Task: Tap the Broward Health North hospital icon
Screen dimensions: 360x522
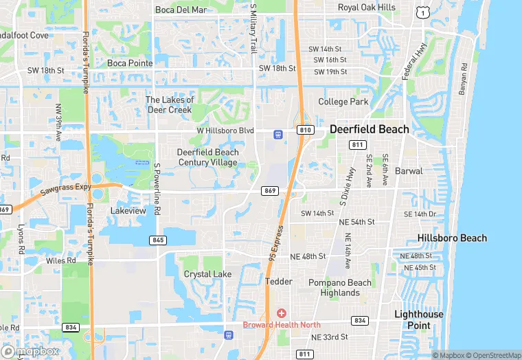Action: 281,313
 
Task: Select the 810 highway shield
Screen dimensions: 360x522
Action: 306,130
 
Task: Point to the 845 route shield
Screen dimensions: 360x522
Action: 158,240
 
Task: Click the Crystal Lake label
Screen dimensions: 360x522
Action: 207,274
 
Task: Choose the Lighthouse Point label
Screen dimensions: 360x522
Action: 418,319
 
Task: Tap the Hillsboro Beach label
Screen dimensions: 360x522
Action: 452,238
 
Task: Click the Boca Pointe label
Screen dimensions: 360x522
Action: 129,63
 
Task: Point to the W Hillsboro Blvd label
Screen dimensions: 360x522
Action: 225,131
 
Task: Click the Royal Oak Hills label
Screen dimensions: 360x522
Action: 367,8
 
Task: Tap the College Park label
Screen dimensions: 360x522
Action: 343,102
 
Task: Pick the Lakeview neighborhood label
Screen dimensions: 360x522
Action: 128,211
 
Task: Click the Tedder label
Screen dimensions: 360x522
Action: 279,282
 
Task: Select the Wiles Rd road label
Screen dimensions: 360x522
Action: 61,261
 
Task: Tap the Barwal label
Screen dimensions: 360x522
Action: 409,170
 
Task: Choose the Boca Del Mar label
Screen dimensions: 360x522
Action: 181,10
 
